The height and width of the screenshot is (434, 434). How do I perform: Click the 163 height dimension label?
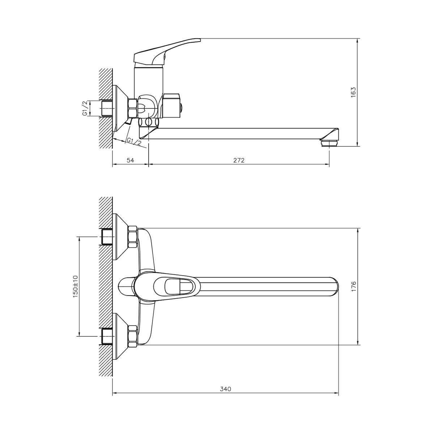click(x=353, y=92)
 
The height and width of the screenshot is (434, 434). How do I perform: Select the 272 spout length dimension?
click(x=239, y=160)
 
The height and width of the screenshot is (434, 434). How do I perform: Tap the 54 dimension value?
click(x=131, y=160)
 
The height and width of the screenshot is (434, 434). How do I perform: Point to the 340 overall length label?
click(x=225, y=389)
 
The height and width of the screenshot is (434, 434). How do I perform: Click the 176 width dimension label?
click(x=353, y=286)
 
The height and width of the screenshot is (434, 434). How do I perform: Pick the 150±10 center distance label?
click(x=75, y=286)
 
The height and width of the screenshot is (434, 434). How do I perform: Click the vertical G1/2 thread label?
click(x=85, y=109)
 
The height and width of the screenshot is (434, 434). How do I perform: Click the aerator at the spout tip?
click(x=329, y=143)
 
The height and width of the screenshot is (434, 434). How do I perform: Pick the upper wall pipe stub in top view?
click(x=107, y=237)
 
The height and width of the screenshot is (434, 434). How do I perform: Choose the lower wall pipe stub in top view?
click(x=107, y=336)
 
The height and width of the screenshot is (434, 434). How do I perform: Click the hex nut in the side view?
click(x=132, y=108)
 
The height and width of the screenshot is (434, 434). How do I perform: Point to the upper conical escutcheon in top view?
click(x=121, y=237)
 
